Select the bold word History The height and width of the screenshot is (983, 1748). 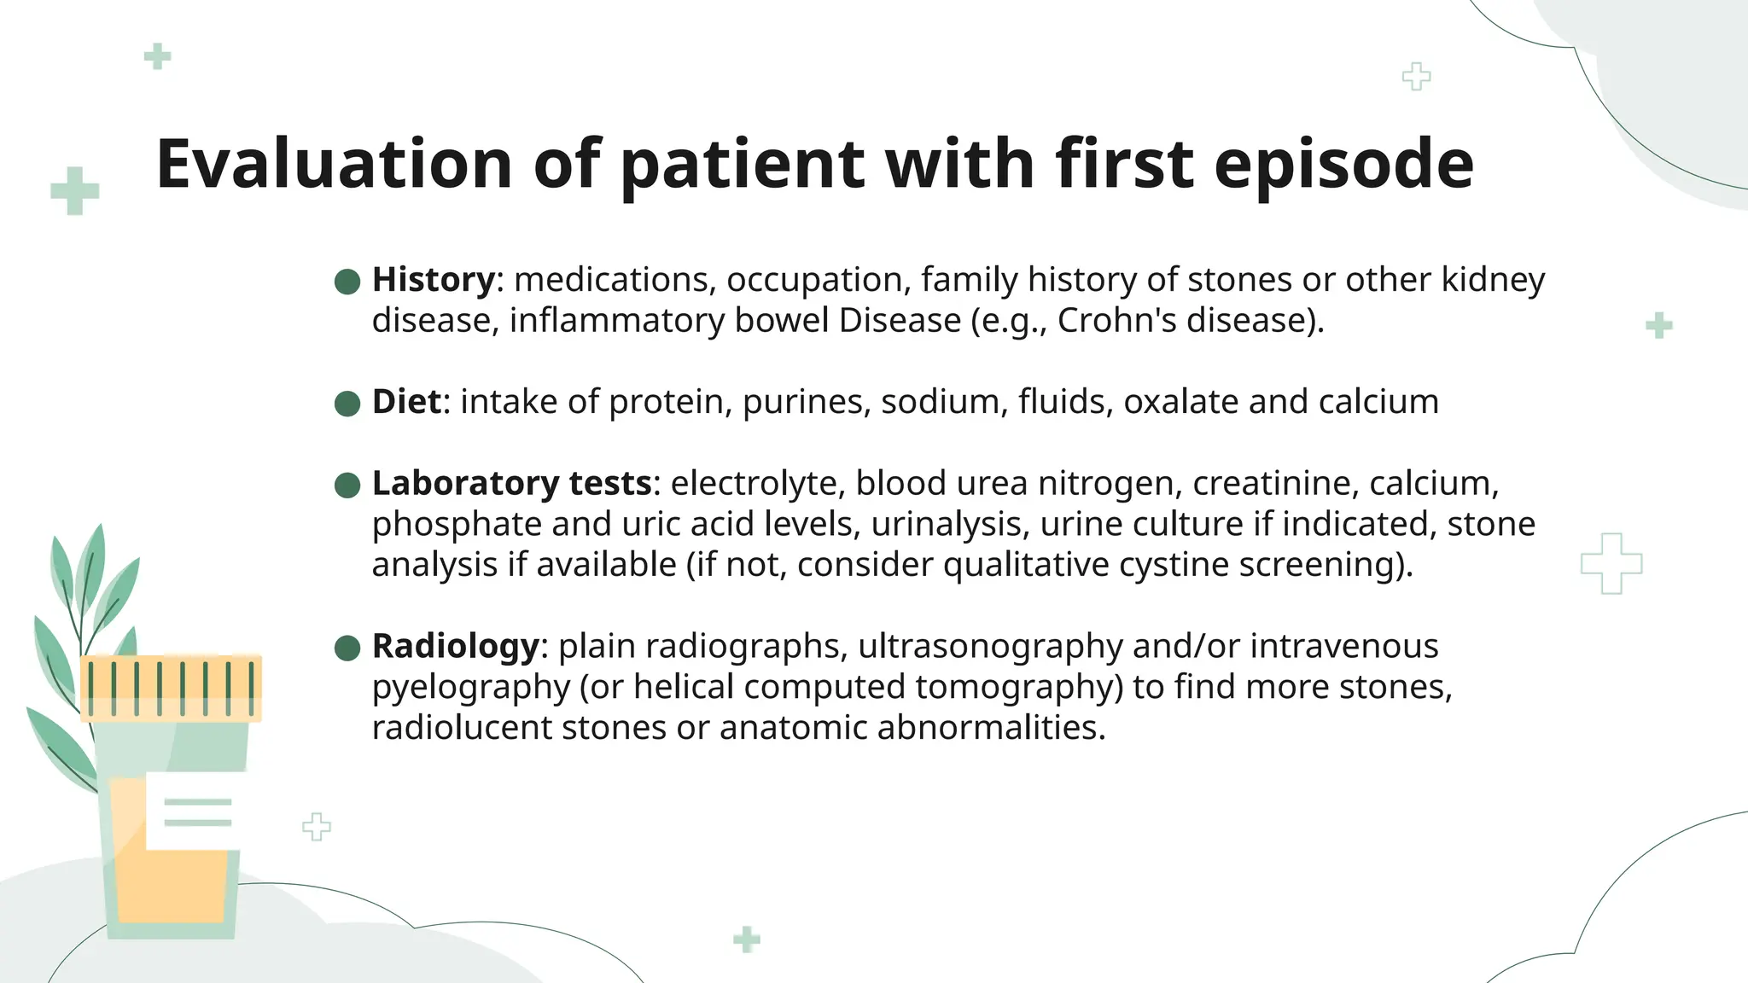coord(433,280)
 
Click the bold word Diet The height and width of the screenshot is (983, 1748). coord(406,402)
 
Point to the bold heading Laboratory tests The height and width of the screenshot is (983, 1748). coord(512,484)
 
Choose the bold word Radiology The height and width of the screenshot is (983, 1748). coord(456,646)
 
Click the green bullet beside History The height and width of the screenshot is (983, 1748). coord(347,282)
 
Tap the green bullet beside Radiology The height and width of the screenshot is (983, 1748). coord(347,649)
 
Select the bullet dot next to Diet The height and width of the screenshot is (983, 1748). coord(347,404)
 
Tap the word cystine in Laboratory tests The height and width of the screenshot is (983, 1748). coord(1174,565)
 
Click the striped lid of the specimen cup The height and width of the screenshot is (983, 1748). coord(171,688)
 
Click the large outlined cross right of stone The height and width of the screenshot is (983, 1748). coord(1611,563)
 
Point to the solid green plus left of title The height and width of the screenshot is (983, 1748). coord(75,190)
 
